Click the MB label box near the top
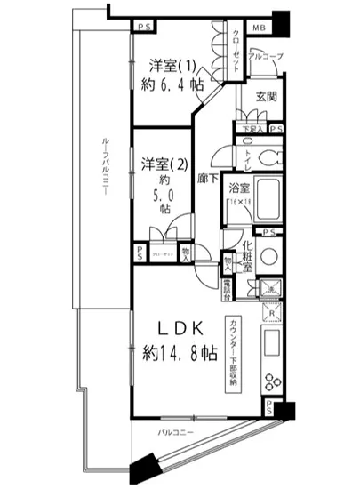(x=259, y=28)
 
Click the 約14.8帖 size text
(x=181, y=352)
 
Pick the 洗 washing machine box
(x=269, y=288)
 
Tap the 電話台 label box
(x=227, y=288)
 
